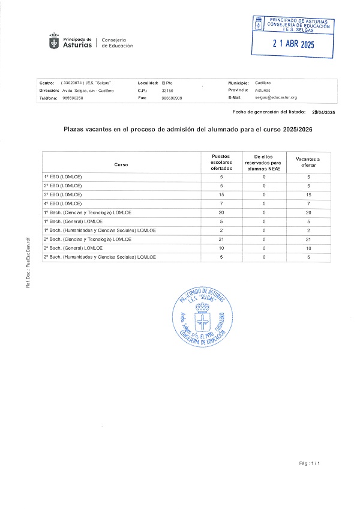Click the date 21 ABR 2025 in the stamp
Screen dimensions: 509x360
point(293,44)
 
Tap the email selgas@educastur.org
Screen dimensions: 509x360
point(275,97)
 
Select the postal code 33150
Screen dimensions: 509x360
point(167,90)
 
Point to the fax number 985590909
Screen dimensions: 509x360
point(172,97)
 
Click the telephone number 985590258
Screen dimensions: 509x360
point(73,97)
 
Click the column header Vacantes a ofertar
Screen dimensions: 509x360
point(308,162)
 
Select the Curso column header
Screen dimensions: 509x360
point(121,164)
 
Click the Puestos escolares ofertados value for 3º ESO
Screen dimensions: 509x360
point(221,194)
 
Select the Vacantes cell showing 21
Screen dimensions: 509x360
point(308,239)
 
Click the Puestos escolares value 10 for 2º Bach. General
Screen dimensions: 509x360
point(221,248)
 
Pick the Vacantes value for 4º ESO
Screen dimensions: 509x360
point(308,203)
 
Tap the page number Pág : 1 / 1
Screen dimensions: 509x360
point(310,463)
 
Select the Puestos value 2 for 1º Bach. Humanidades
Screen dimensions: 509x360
point(221,230)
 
